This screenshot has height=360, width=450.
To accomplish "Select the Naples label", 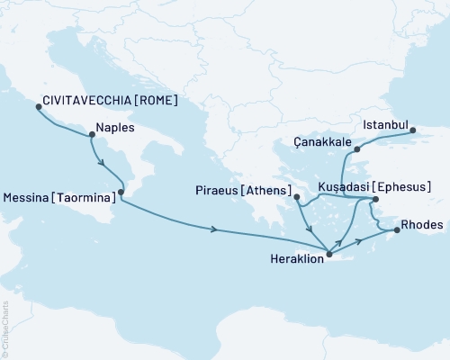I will pos(115,129).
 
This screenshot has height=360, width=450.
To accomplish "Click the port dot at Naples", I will pos(91,136).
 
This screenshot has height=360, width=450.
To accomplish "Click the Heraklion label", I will pos(294,256).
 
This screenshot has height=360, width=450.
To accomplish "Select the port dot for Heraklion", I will pos(329,255).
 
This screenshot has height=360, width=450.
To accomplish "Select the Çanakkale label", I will pos(322,142).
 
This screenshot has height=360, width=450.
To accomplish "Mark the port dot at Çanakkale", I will pos(357,149).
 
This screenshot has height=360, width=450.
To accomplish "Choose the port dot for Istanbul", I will pos(414,130).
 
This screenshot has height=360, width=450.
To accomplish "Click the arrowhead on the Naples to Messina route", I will pos(103,164).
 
